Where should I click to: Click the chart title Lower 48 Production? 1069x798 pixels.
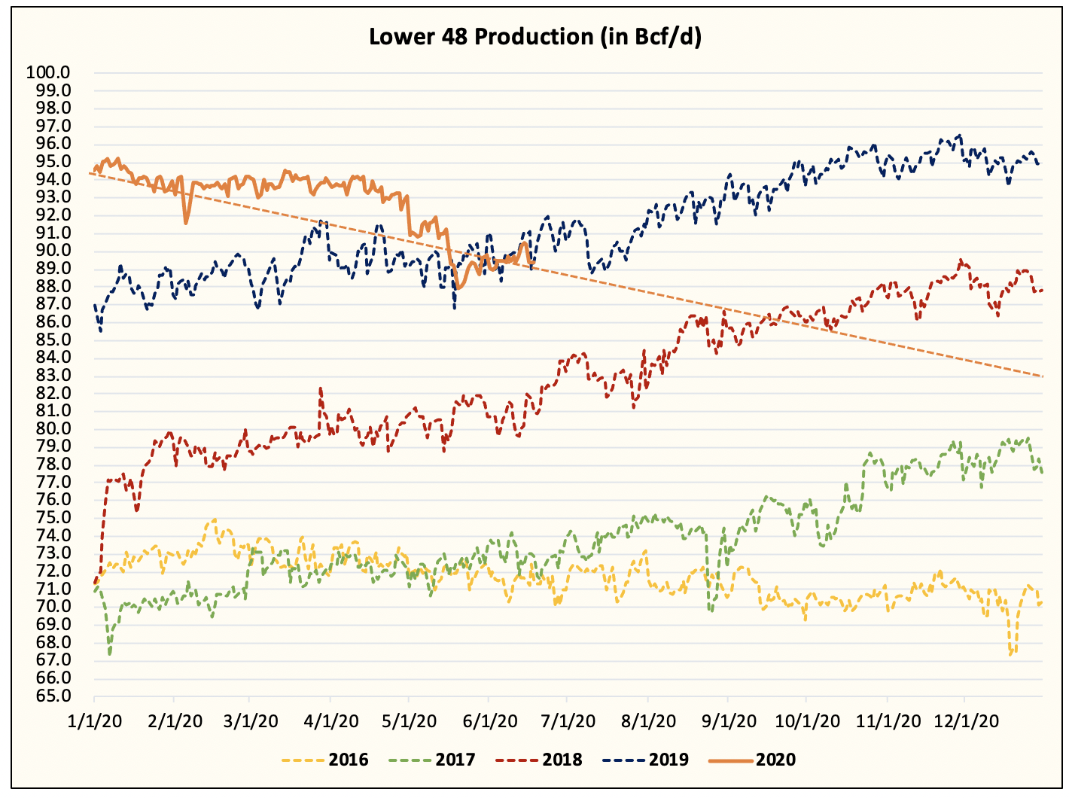click(x=534, y=37)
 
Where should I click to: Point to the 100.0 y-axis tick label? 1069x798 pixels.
click(x=48, y=72)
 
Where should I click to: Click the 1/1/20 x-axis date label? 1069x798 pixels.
click(x=94, y=721)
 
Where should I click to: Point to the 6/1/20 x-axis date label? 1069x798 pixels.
click(x=489, y=721)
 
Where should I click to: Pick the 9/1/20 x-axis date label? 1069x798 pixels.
click(x=728, y=721)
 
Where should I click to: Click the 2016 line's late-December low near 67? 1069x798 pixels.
click(x=1012, y=654)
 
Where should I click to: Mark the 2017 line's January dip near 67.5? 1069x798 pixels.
click(x=110, y=653)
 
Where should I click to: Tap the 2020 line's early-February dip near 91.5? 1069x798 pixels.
click(x=186, y=222)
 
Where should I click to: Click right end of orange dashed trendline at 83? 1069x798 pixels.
click(x=1042, y=376)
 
